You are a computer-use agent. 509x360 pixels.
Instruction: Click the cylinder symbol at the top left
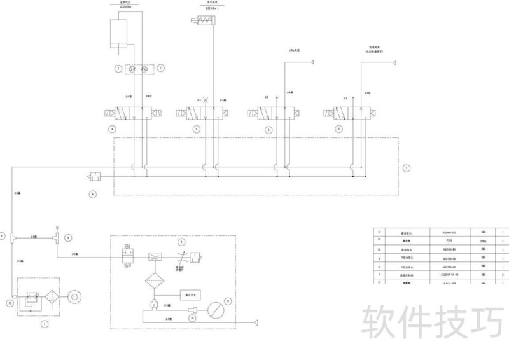tap(121, 32)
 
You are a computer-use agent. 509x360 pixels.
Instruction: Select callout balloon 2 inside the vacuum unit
tap(181, 242)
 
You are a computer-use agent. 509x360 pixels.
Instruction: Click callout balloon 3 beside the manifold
tap(407, 169)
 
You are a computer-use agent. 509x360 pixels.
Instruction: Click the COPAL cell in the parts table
tap(483, 241)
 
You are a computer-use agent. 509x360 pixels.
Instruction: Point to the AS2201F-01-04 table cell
tap(449, 275)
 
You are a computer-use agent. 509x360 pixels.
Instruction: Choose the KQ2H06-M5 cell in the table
tap(449, 249)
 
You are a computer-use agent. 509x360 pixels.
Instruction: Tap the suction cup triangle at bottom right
tap(256, 322)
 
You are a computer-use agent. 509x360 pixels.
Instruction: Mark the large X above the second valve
tap(206, 100)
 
